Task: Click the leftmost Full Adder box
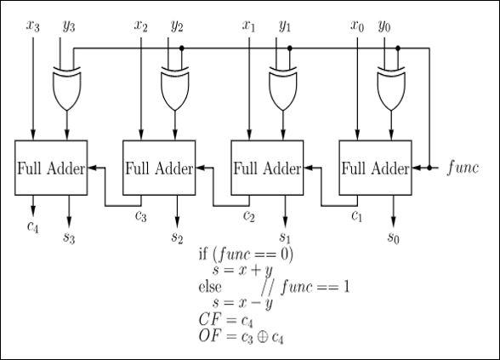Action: click(x=51, y=168)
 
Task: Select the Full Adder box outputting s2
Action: click(x=159, y=168)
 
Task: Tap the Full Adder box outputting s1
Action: click(x=267, y=168)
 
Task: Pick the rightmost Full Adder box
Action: click(x=375, y=168)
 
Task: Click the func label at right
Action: click(x=463, y=167)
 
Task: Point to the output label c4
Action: click(x=32, y=227)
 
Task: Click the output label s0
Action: click(x=393, y=237)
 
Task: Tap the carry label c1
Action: click(x=358, y=214)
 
